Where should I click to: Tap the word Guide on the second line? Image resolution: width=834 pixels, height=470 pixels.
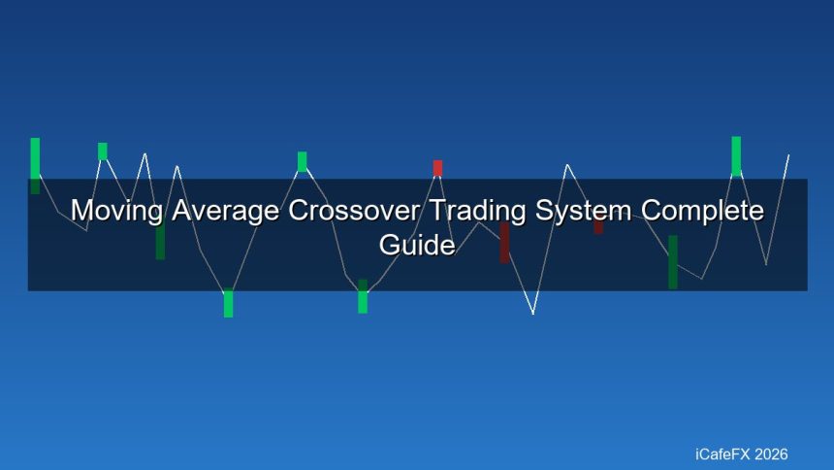[417, 246]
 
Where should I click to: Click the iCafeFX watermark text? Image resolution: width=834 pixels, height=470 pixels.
[724, 454]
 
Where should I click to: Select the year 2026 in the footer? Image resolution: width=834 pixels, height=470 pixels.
[771, 454]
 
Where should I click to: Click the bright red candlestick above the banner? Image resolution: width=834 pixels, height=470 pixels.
[437, 168]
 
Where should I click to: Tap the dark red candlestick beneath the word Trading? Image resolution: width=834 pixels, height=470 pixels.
[504, 242]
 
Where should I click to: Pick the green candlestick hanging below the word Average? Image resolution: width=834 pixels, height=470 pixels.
[228, 304]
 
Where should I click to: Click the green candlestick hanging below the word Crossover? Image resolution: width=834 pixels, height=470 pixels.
[363, 296]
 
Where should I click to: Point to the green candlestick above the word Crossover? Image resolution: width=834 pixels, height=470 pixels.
[302, 161]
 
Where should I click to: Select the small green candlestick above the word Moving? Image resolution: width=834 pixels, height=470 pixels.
[103, 151]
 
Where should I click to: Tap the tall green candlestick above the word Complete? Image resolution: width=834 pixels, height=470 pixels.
[736, 155]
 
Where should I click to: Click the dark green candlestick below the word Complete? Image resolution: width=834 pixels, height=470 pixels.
[673, 262]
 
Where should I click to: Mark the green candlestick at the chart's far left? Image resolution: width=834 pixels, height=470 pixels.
[35, 165]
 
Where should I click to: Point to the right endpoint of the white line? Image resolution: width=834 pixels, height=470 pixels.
[788, 154]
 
